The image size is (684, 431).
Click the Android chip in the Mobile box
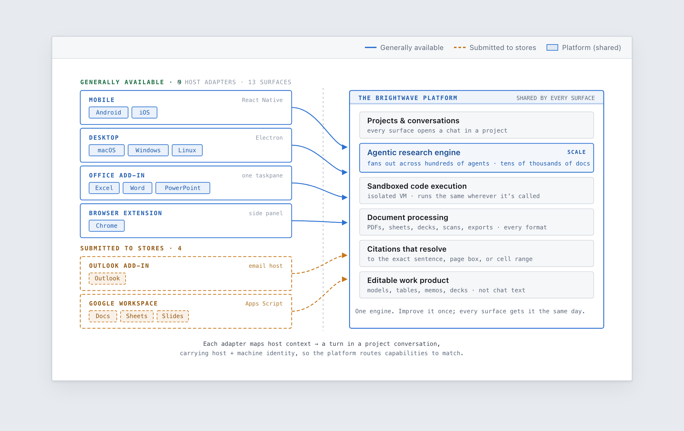coord(108,113)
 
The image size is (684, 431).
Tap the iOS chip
coord(145,113)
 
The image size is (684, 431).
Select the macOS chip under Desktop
coord(107,150)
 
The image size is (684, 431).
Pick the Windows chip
coord(148,150)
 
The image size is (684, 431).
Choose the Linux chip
coord(187,150)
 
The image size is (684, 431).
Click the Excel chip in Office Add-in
coord(104,188)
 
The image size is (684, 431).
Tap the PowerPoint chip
coord(183,188)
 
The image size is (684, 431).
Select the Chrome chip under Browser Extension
coord(107,226)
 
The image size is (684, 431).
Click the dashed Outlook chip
coord(107,278)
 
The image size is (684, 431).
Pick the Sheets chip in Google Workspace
coord(137,316)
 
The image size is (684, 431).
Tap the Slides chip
coord(173,316)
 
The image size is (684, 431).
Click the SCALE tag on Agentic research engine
coord(577,152)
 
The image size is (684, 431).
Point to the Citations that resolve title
coord(407,249)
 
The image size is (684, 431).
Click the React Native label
coord(262,100)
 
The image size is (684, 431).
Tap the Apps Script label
coord(264,304)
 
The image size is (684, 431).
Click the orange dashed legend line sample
coord(460,48)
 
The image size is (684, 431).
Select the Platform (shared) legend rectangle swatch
coord(552,48)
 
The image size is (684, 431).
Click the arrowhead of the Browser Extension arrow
coord(345,223)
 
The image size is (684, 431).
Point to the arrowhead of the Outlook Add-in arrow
coord(345,256)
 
